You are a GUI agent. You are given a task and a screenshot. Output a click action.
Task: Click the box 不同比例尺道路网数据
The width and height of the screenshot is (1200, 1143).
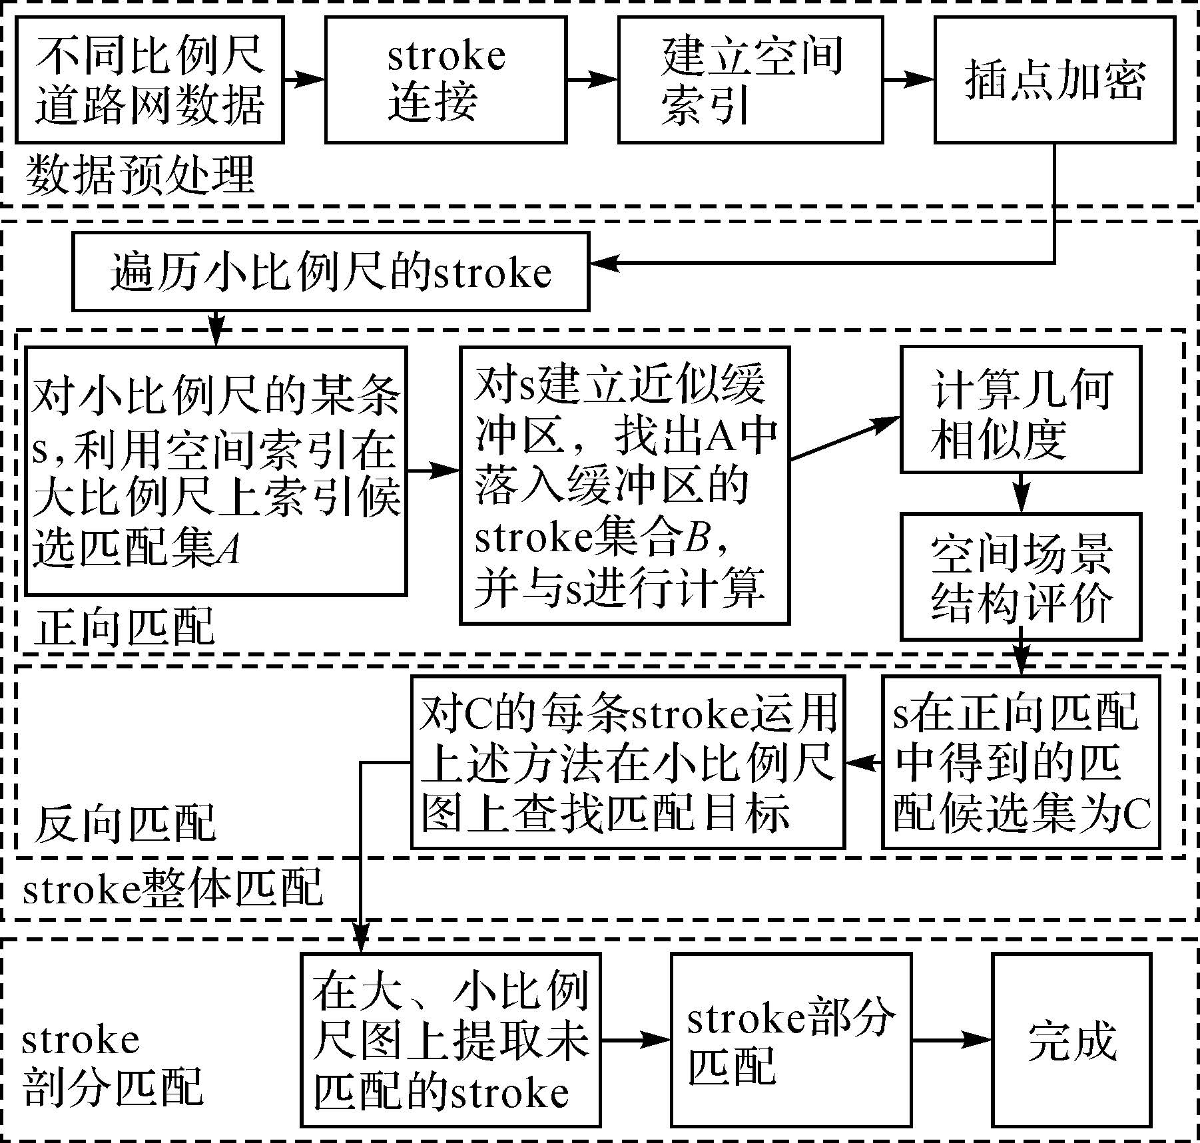[150, 79]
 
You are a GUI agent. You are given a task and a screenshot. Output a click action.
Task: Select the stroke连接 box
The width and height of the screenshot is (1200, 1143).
[446, 79]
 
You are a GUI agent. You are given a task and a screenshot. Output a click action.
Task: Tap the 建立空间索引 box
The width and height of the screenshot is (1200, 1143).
[750, 79]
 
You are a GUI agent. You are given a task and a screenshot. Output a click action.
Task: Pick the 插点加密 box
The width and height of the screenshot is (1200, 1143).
[1054, 79]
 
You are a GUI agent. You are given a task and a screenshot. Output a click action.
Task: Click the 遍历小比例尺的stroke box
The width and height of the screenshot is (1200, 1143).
[330, 272]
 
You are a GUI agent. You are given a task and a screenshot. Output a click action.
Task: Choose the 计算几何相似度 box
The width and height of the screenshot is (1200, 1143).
[1020, 409]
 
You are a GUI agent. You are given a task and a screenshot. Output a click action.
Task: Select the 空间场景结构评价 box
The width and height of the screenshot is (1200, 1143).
[1020, 576]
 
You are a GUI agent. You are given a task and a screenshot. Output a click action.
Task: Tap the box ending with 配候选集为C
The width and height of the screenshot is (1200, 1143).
[1020, 762]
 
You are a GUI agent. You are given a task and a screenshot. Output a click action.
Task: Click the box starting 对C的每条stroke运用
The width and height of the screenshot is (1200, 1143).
[627, 762]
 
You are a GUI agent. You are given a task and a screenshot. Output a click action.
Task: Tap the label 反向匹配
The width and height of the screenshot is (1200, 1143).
[125, 823]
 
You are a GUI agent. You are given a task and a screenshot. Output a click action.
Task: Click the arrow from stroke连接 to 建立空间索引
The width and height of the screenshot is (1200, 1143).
[592, 79]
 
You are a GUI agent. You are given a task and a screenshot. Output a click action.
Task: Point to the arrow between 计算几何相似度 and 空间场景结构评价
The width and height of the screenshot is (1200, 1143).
[1021, 493]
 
